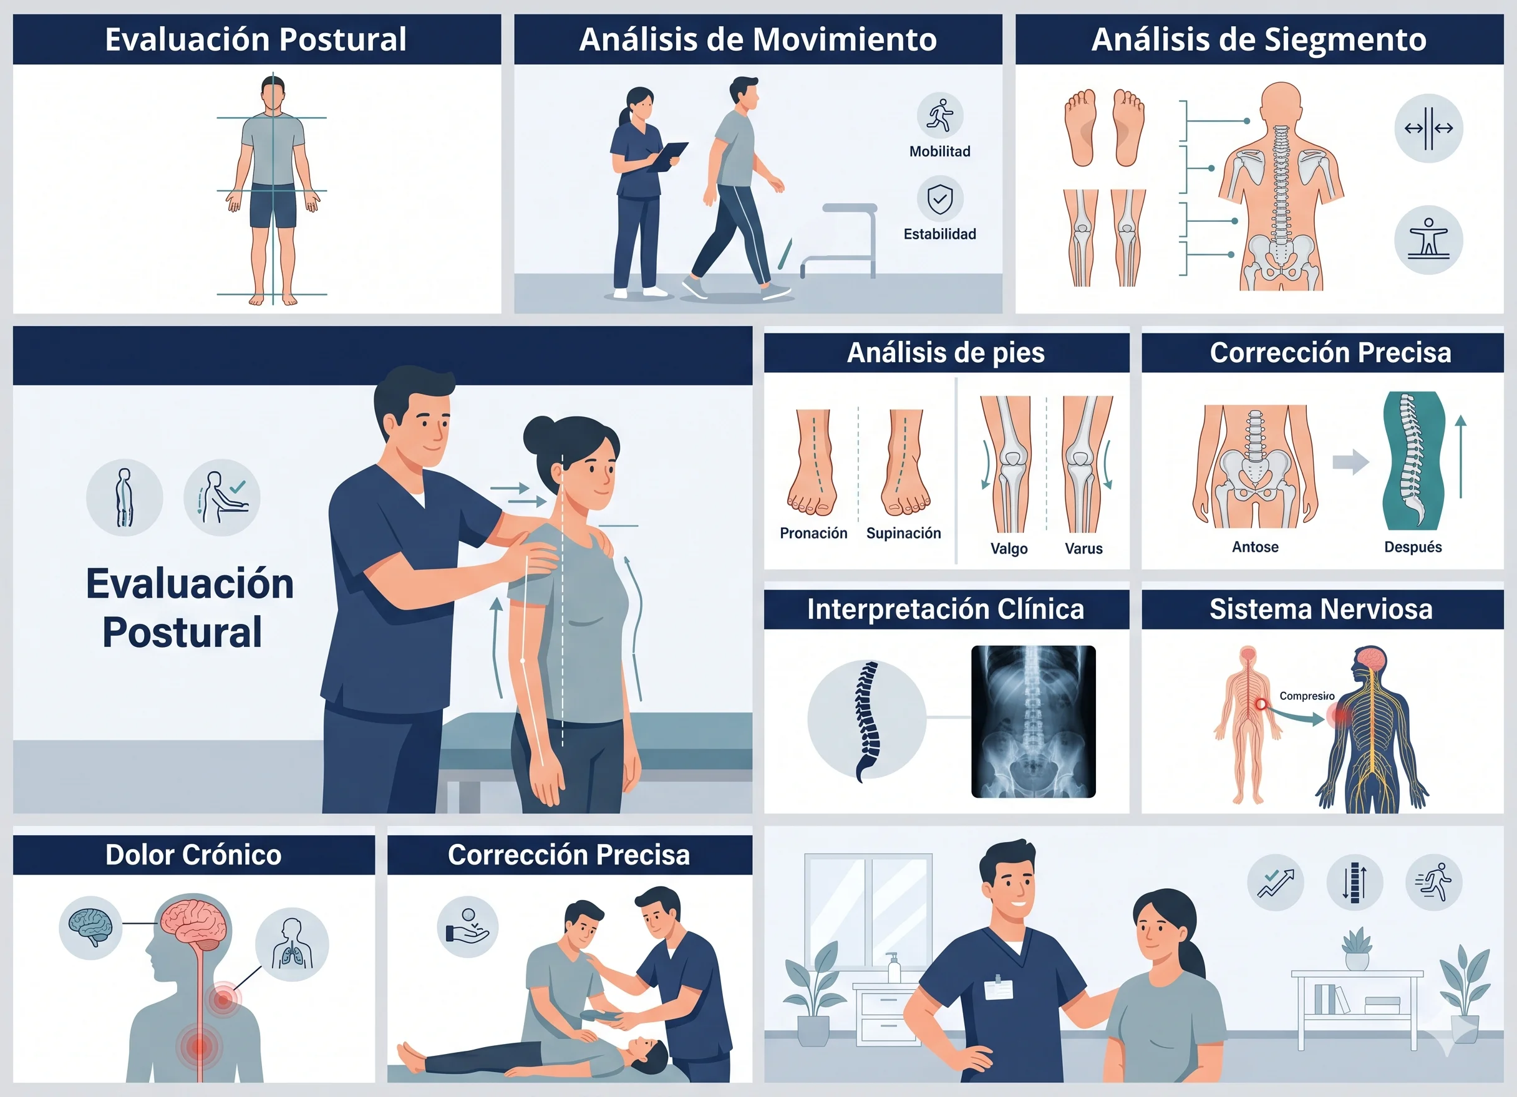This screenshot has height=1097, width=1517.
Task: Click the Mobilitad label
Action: point(939,151)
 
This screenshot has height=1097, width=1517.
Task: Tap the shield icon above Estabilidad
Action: point(940,199)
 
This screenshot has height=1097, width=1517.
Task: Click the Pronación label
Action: point(813,533)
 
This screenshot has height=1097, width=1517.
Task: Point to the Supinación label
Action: point(903,533)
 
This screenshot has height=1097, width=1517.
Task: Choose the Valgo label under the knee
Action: point(1009,549)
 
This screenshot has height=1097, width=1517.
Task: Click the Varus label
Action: point(1083,549)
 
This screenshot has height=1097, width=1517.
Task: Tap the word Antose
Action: point(1255,547)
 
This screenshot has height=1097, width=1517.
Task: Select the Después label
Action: point(1413,547)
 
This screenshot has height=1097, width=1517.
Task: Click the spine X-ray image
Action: point(1034,721)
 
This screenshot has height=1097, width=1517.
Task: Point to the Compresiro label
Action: point(1307,696)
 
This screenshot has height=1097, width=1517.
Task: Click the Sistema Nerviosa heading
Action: point(1321,609)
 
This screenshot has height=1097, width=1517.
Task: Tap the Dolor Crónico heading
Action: point(193,855)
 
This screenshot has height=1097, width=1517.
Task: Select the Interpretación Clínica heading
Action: point(946,609)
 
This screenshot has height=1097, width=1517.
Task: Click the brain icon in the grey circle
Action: point(90,927)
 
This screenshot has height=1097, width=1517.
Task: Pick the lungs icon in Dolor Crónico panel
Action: point(292,944)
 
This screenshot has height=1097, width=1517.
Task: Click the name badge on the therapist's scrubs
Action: point(998,988)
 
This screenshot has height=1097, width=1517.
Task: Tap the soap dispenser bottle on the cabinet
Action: point(892,967)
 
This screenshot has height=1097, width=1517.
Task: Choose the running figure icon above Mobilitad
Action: point(940,115)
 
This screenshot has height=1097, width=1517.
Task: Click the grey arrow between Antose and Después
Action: point(1350,462)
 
